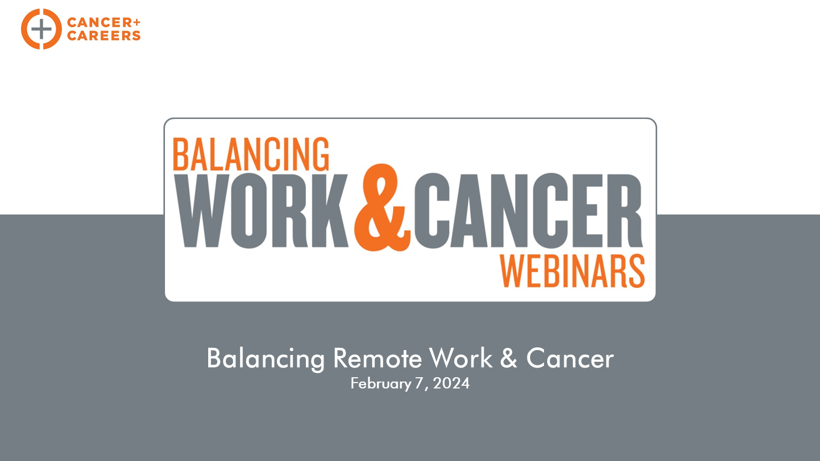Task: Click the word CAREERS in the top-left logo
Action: point(104,36)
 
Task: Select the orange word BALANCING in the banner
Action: point(251,154)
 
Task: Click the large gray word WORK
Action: point(261,211)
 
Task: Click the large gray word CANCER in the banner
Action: point(528,211)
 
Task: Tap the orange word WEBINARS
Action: point(572,271)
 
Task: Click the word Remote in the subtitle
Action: point(377,358)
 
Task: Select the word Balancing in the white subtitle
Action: point(266,359)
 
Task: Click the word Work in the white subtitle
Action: point(461,358)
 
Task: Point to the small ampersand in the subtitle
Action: point(509,358)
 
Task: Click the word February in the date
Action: point(381,384)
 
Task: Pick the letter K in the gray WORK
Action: point(329,211)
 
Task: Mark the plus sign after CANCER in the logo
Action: point(136,22)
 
